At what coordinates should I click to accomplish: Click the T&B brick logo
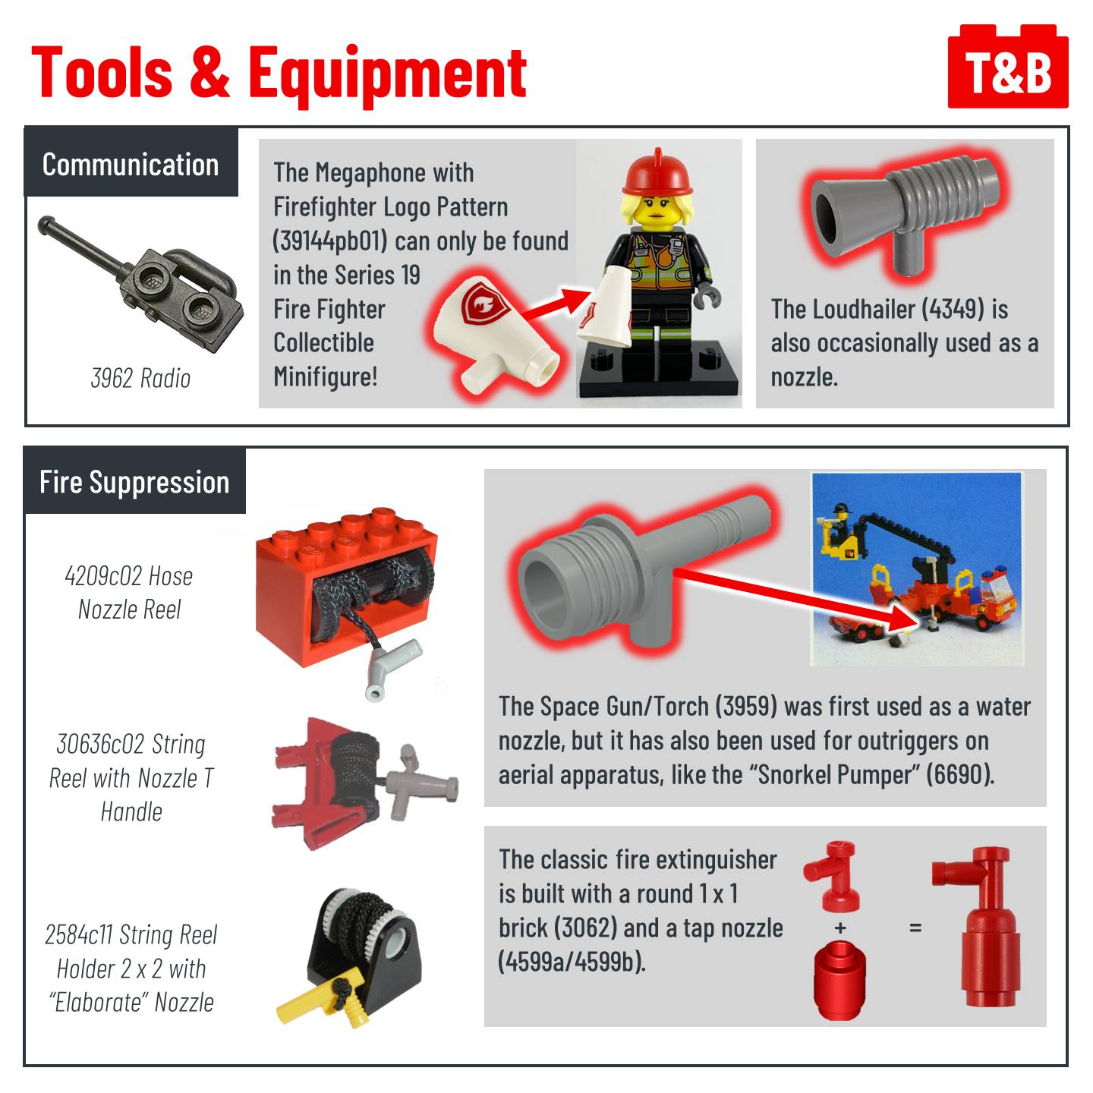(1007, 66)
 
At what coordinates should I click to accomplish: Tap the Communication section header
(131, 165)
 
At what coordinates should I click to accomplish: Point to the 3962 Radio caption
(140, 378)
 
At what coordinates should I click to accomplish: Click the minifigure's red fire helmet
(658, 172)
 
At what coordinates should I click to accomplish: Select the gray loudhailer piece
(904, 213)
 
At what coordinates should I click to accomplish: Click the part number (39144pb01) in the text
(330, 241)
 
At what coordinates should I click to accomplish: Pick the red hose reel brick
(346, 587)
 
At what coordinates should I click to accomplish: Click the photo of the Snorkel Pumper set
(918, 569)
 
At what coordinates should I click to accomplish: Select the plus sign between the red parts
(840, 928)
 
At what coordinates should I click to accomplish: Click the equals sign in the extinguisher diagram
(915, 928)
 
